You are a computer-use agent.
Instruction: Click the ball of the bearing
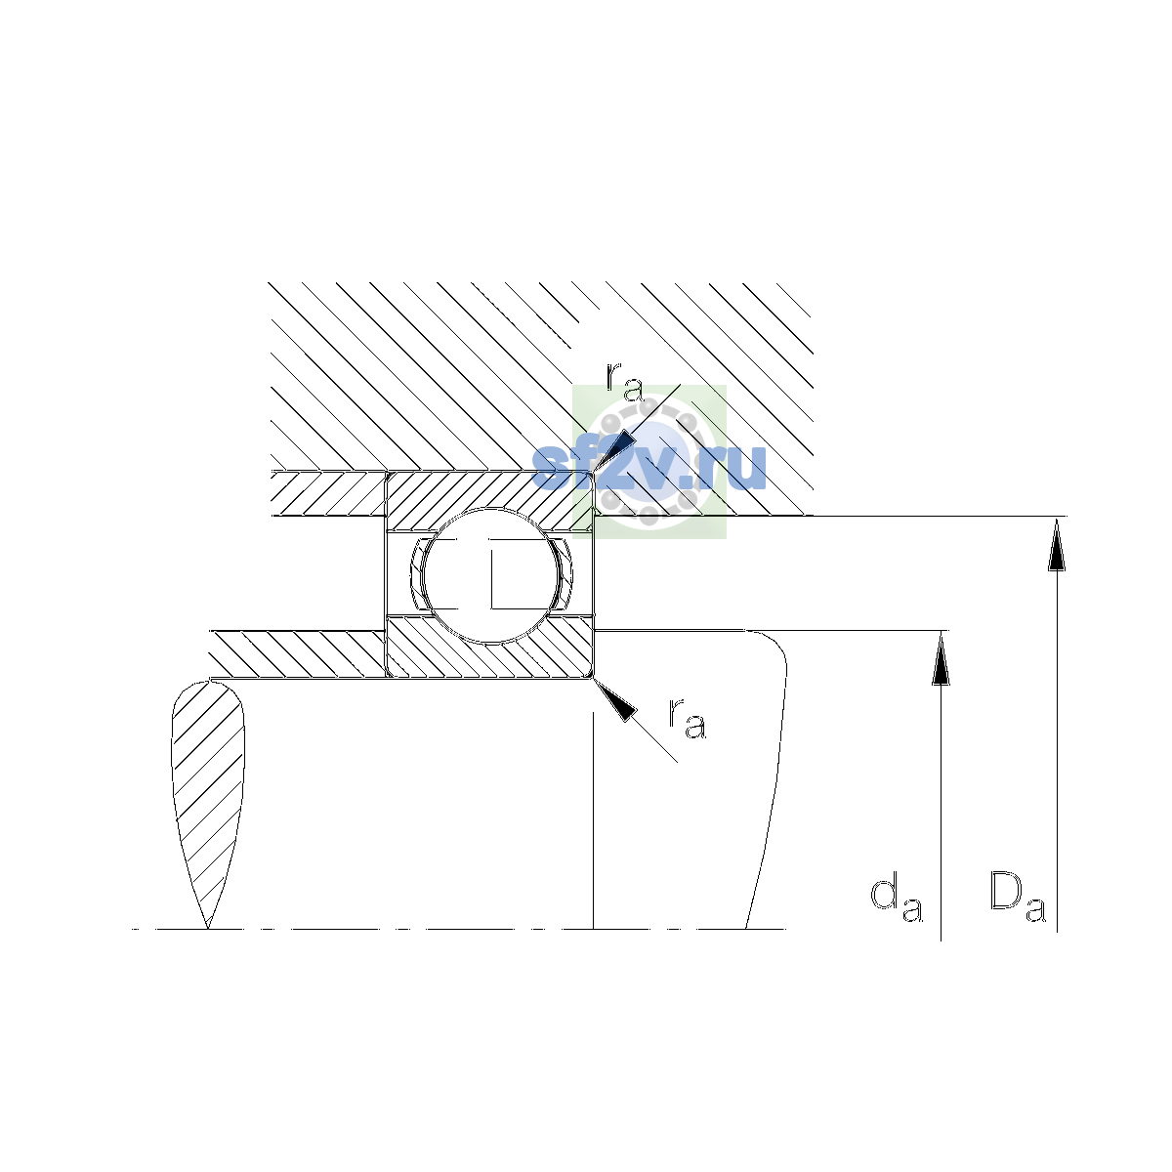[x=490, y=574]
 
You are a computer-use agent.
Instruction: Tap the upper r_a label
[x=624, y=383]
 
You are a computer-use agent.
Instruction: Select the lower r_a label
[x=688, y=718]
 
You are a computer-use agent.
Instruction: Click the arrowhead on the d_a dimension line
[x=941, y=657]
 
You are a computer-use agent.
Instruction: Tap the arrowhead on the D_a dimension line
[x=1057, y=543]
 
